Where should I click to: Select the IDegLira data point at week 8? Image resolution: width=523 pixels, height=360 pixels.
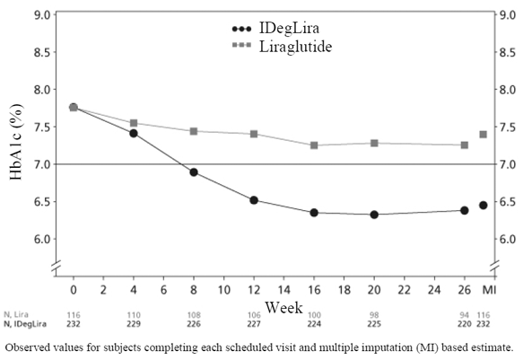point(193,172)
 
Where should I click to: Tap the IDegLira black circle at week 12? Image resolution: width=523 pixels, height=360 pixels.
point(254,200)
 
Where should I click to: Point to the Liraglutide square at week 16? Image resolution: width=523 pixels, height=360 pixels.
point(314,145)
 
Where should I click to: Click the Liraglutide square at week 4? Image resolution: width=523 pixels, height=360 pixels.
point(134,123)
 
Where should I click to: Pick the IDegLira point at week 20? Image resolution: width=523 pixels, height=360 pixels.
point(374,215)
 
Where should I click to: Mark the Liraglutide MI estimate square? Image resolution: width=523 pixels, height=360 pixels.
point(484,135)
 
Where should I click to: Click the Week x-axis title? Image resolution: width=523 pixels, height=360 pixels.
point(284,308)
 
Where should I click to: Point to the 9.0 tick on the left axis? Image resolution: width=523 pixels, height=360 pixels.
point(42,15)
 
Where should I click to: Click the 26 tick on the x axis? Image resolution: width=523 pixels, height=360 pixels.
point(465,289)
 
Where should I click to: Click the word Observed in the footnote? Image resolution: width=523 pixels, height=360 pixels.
point(31,347)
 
